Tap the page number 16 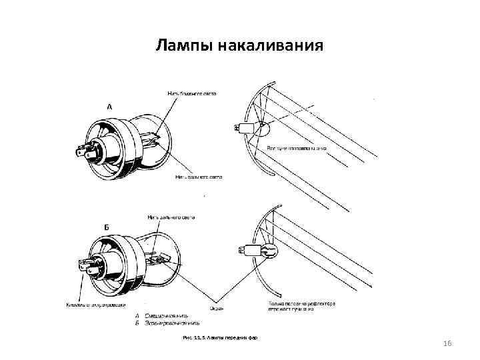coord(447,343)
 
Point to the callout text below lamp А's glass coord(199,177)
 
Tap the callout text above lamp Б coord(172,217)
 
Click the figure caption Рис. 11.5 coord(220,339)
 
